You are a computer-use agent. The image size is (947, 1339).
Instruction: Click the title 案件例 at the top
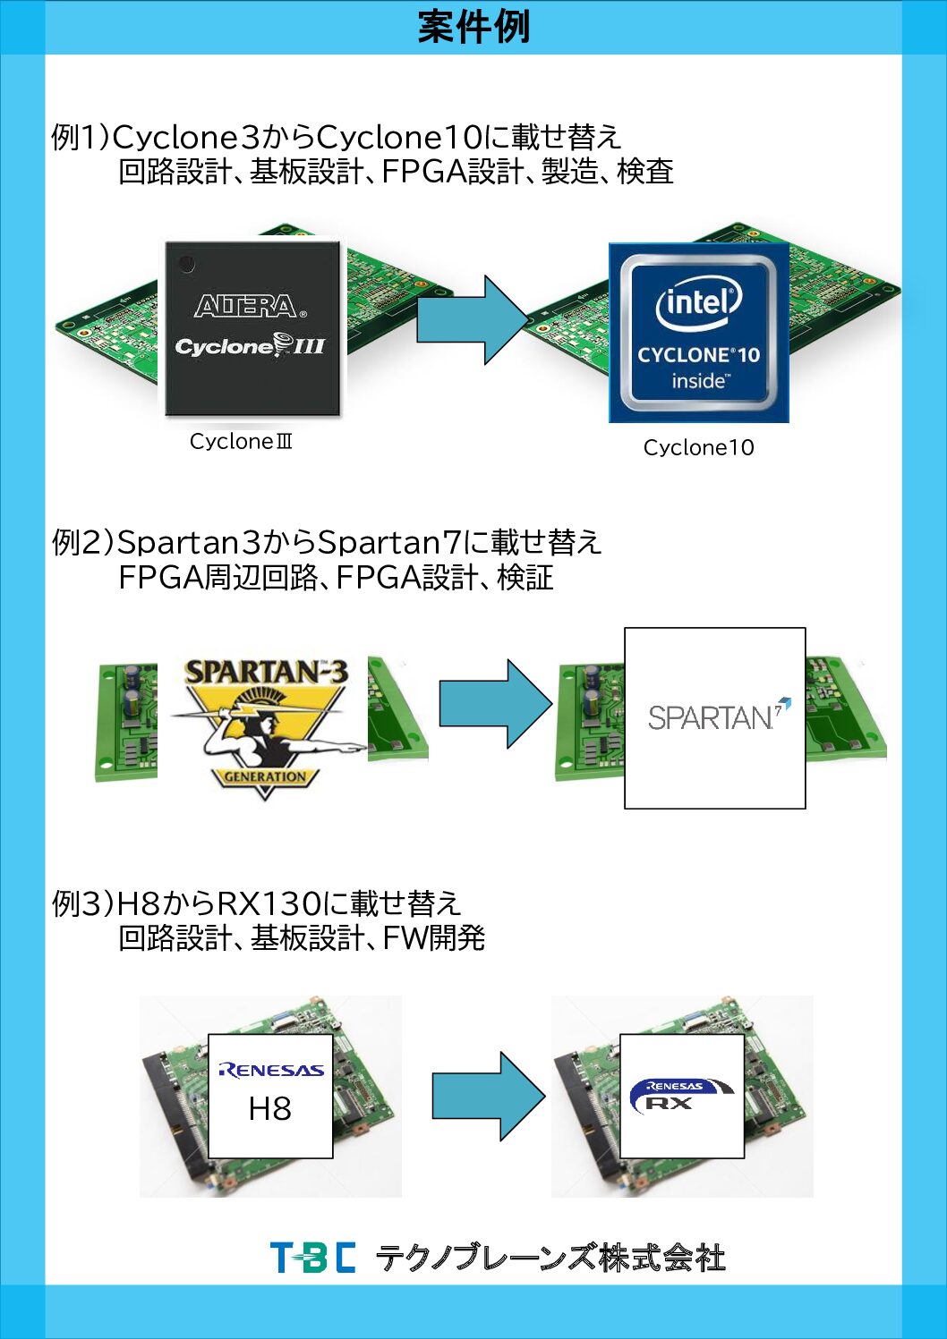tap(473, 27)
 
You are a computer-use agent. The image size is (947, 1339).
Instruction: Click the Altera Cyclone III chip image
tap(252, 327)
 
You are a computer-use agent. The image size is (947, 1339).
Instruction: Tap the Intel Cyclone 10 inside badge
tap(698, 333)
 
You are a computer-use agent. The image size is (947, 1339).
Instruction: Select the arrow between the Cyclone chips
tap(473, 319)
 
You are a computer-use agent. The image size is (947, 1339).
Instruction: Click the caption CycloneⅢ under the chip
tap(241, 441)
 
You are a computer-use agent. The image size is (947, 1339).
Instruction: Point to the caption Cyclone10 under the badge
tap(698, 447)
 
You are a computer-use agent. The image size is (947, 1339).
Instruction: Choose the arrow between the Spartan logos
tap(495, 704)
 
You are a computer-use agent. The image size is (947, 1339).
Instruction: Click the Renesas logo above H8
tap(270, 1070)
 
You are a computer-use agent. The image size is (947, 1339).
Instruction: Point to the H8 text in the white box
tap(269, 1109)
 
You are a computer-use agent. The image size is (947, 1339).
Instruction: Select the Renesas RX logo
tap(680, 1095)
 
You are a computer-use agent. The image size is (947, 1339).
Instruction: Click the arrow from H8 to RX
tap(489, 1096)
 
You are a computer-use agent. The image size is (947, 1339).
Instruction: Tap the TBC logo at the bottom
tap(312, 1257)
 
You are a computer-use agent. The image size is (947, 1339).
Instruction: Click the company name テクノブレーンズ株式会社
tap(550, 1258)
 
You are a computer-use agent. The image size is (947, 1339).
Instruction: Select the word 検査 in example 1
tap(644, 171)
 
